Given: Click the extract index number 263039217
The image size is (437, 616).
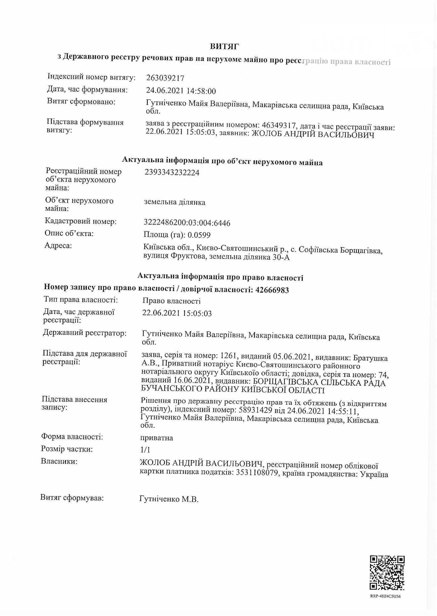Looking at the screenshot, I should pyautogui.click(x=165, y=78).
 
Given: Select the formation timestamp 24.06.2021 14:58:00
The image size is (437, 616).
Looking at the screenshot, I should pyautogui.click(x=181, y=91).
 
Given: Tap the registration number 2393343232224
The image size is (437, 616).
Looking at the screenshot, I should pyautogui.click(x=172, y=173).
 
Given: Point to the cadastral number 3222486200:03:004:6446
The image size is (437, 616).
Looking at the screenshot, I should pyautogui.click(x=187, y=223).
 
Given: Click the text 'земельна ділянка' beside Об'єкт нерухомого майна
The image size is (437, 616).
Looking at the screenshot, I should pyautogui.click(x=174, y=202).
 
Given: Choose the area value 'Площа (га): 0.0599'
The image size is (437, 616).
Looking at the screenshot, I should pyautogui.click(x=177, y=235).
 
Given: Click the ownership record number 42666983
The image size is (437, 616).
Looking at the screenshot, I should pyautogui.click(x=272, y=290).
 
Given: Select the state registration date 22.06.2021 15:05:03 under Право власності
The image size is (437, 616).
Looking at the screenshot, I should pyautogui.click(x=177, y=313).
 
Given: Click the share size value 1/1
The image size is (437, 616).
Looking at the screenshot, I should pyautogui.click(x=145, y=449).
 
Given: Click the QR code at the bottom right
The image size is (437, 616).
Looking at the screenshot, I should pyautogui.click(x=387, y=573).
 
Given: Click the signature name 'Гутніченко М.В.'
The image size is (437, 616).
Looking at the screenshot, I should pyautogui.click(x=169, y=499).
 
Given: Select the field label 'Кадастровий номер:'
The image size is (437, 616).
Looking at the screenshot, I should pyautogui.click(x=81, y=221).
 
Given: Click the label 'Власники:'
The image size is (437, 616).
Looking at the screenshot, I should pyautogui.click(x=59, y=461).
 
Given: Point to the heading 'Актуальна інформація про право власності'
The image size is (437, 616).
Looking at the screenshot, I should pyautogui.click(x=220, y=277).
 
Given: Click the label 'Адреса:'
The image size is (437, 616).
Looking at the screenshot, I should pyautogui.click(x=58, y=245).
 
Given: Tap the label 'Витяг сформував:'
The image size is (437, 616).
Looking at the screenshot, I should pyautogui.click(x=72, y=497).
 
